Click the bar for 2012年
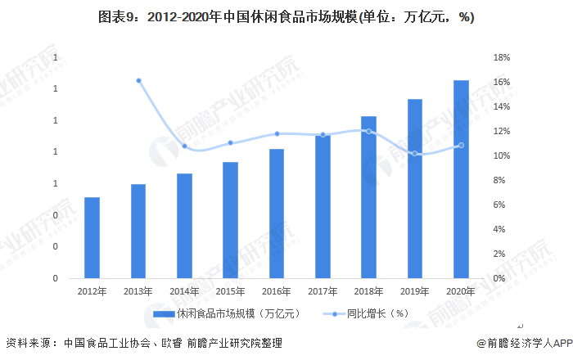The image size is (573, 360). (x=92, y=237)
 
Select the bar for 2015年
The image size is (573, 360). (x=231, y=219)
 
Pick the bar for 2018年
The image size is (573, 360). (x=369, y=196)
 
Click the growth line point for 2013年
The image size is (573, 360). (x=138, y=80)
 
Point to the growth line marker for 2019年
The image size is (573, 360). (x=415, y=154)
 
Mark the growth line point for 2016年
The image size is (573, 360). (x=277, y=133)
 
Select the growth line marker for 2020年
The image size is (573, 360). (x=461, y=146)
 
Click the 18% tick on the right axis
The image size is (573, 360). (x=501, y=58)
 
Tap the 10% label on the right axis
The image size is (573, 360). (x=501, y=155)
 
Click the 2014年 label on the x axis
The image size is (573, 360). (x=184, y=290)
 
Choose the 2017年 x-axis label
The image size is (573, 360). (x=323, y=290)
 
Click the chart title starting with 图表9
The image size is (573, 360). (x=286, y=17)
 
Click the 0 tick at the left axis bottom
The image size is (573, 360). (x=56, y=278)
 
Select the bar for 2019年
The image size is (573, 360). (x=415, y=188)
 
